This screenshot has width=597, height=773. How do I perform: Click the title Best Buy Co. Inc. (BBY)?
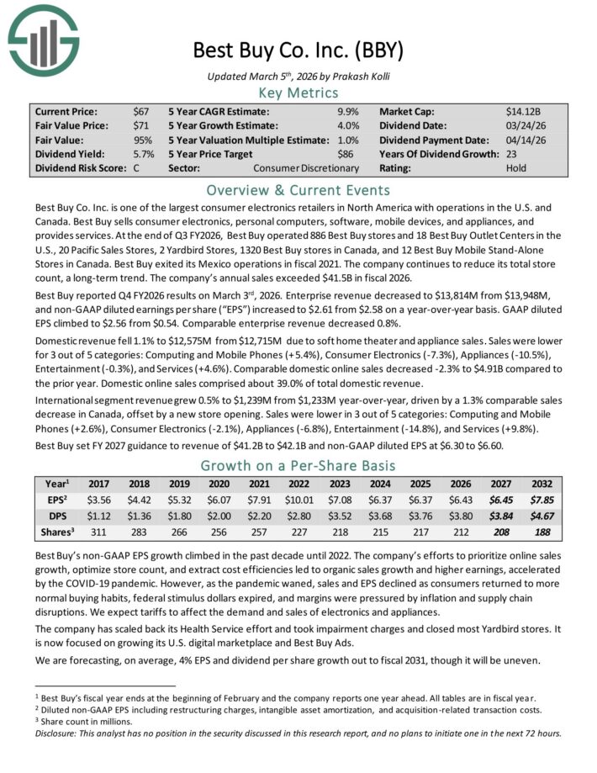click(298, 49)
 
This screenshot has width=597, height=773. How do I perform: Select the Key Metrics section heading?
click(298, 93)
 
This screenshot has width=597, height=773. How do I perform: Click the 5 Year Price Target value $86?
click(350, 154)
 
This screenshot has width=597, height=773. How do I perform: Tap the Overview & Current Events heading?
click(298, 189)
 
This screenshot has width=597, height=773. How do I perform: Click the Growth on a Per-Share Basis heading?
click(298, 467)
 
